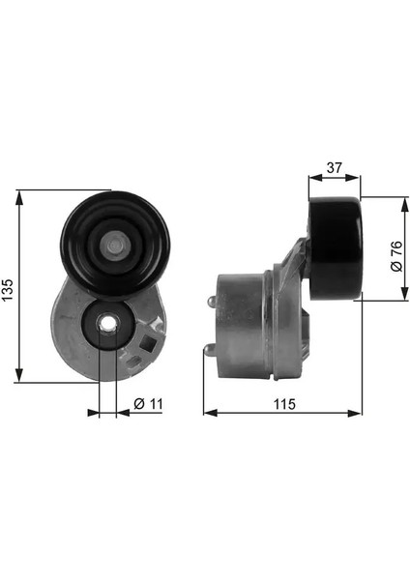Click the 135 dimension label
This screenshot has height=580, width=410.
coord(8,290)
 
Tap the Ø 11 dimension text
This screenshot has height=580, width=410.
coord(148,403)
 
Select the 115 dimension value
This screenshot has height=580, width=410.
coord(284,404)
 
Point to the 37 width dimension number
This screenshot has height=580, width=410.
coord(335,167)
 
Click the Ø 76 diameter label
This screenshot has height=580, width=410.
coord(396,256)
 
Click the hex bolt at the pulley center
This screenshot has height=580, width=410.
coord(115,245)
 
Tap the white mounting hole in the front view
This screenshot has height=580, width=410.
coord(107,324)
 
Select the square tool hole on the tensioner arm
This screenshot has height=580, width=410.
coord(150,343)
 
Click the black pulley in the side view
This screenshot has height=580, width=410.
coord(336,248)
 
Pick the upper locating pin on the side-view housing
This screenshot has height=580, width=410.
coord(212,302)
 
